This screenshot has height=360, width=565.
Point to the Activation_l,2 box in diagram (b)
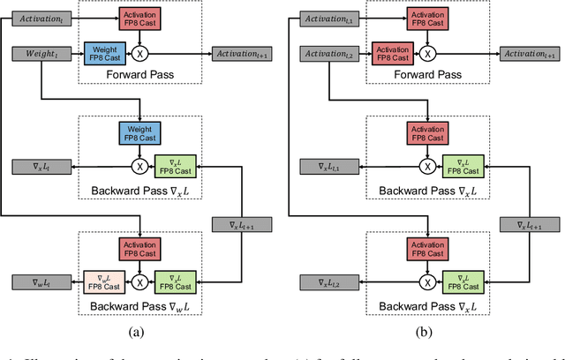(x=329, y=55)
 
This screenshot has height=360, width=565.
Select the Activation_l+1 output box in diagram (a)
(x=242, y=55)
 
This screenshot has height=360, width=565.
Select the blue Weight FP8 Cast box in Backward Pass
(x=140, y=133)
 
